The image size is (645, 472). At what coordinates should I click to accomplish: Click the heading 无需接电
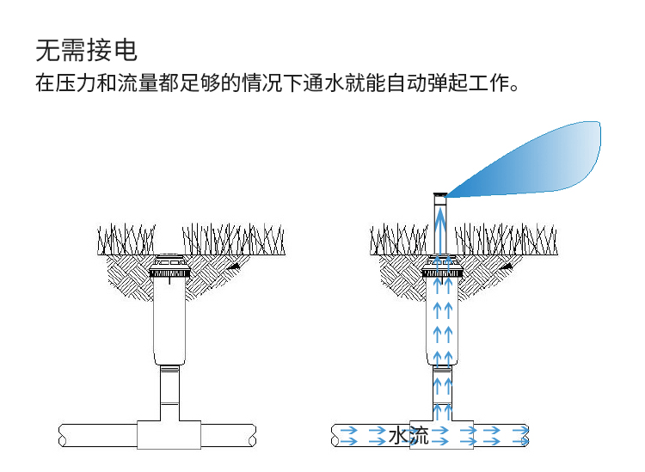pyautogui.click(x=86, y=50)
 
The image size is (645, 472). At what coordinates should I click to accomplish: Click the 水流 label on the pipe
pyautogui.click(x=408, y=435)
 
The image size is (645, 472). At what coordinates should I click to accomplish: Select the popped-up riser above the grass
pyautogui.click(x=439, y=224)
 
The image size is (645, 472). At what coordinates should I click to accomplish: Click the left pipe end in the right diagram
pyautogui.click(x=337, y=435)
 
